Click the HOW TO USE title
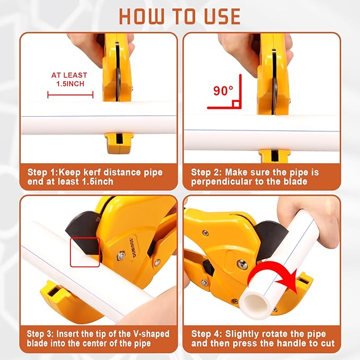click(180, 16)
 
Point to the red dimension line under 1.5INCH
click(70, 95)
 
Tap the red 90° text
click(223, 91)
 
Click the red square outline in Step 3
click(84, 251)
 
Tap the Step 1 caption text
click(95, 178)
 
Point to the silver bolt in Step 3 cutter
click(157, 262)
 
